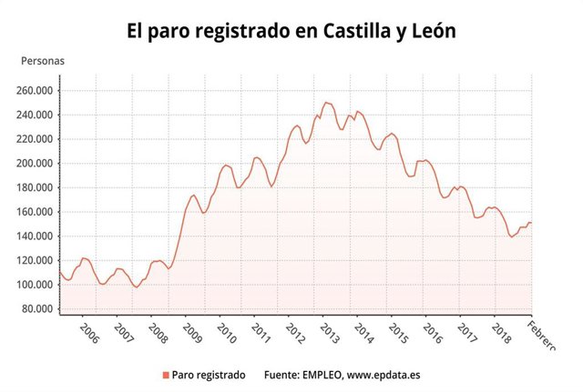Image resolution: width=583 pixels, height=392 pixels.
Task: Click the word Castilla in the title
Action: (346, 31)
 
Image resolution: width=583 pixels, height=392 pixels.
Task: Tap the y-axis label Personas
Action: (43, 62)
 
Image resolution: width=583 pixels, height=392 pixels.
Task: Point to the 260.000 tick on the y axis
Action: (35, 91)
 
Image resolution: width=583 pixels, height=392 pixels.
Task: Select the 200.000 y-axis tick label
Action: (35, 164)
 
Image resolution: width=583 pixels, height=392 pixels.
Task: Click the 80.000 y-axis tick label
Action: (37, 308)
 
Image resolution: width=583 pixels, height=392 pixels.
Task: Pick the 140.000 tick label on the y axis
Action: (35, 236)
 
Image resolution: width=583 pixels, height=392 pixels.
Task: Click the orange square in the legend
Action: (164, 375)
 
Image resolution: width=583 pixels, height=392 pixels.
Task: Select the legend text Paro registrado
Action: (209, 374)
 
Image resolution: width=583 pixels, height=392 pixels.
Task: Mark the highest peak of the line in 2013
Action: (326, 103)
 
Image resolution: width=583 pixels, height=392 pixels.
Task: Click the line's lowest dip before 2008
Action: (137, 286)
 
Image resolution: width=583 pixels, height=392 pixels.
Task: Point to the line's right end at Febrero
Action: (531, 223)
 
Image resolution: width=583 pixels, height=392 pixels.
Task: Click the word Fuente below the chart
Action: (281, 374)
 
